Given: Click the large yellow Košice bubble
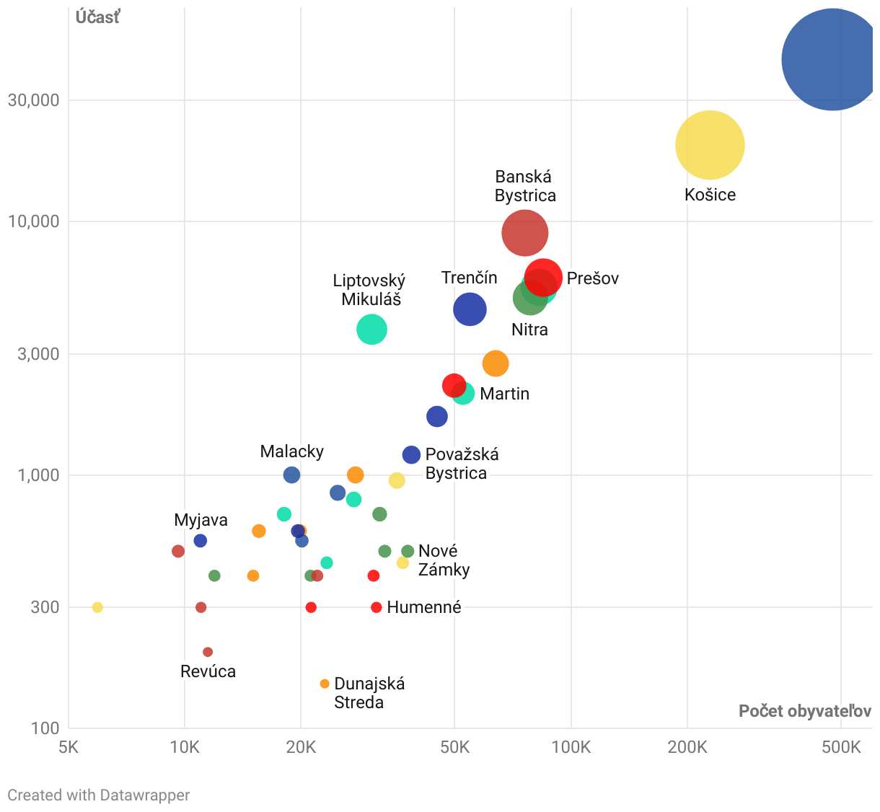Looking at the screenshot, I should [710, 145].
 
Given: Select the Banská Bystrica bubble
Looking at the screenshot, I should [525, 233].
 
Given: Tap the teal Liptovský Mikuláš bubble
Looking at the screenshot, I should [371, 330].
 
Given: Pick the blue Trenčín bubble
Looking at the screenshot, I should [470, 309].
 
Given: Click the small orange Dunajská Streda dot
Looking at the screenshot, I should [325, 684].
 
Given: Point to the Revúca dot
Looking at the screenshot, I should [208, 652].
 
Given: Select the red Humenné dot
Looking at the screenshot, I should [376, 607].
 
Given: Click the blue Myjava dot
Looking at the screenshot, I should [201, 541].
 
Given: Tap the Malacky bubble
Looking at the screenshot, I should [291, 475].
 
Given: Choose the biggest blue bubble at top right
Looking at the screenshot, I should [832, 59].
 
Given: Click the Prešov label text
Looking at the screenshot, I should [592, 278].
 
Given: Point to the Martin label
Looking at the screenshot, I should [504, 394].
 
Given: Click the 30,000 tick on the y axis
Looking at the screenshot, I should [33, 100].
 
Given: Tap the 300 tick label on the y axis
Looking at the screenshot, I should [45, 606].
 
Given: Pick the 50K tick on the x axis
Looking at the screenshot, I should [454, 747].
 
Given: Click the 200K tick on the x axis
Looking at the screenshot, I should [687, 747].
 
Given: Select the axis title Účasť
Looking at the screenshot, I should [97, 17].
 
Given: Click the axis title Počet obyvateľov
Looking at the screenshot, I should [805, 711].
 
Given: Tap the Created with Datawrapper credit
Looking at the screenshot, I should [99, 795].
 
